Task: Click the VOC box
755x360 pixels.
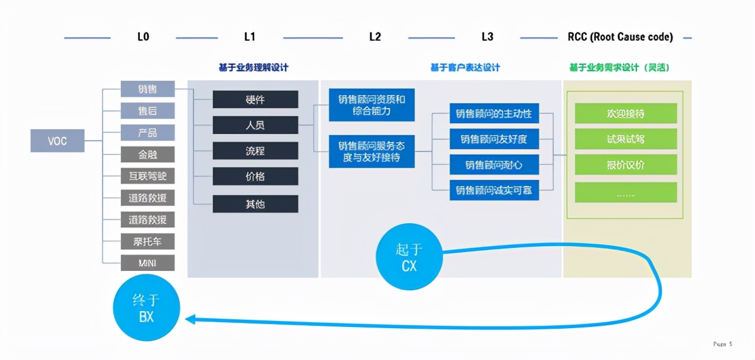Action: (57, 141)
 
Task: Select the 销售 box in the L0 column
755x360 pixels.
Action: (147, 89)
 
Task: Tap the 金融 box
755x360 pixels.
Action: (147, 155)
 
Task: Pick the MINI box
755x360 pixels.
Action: (147, 263)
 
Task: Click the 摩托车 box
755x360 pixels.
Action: (147, 241)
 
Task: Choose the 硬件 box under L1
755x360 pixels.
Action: (255, 99)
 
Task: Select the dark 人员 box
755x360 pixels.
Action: (255, 125)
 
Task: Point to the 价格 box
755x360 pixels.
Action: (255, 176)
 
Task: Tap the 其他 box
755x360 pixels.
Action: (255, 204)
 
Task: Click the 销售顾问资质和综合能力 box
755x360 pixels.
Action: (372, 104)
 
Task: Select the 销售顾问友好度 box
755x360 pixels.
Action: (494, 139)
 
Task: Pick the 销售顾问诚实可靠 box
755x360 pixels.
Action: (494, 190)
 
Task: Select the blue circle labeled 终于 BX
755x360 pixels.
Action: (146, 307)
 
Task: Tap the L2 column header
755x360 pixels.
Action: (375, 37)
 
